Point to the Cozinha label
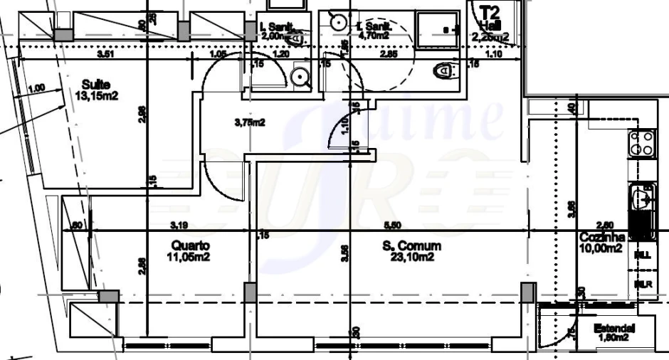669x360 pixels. [x=602, y=238]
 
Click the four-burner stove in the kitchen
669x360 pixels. [x=641, y=143]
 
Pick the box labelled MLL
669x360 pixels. [x=642, y=255]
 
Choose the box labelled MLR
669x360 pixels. [x=642, y=284]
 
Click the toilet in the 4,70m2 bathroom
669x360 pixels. [x=446, y=70]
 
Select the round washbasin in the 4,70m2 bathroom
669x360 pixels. [x=337, y=22]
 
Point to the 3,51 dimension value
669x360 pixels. [x=106, y=53]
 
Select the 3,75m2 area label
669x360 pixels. [x=249, y=122]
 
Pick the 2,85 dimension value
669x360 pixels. [x=388, y=54]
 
